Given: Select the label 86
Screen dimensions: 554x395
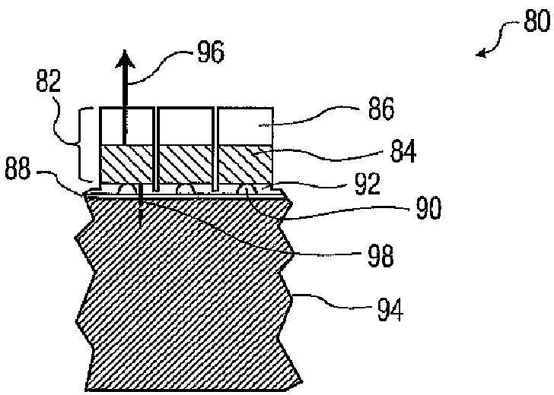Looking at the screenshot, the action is (380, 111).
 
